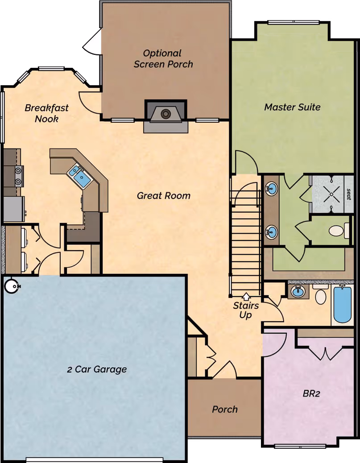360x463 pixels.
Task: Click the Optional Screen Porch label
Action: point(163,58)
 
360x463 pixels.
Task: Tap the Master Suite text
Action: point(292,107)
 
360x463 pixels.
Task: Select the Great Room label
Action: point(163,195)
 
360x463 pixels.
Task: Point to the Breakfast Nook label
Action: point(46,113)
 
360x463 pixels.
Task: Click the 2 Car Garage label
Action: point(97,369)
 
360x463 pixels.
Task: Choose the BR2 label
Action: point(312,394)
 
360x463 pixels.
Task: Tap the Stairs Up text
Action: point(246,310)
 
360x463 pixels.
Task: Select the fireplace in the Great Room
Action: point(166,114)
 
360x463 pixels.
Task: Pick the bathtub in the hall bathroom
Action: point(342,304)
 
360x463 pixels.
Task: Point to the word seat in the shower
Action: point(349,194)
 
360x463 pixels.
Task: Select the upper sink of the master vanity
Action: point(271,189)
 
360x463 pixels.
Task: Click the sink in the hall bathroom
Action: point(298,292)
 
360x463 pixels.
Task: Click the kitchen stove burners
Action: point(18,175)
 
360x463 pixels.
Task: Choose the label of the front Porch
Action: point(224,409)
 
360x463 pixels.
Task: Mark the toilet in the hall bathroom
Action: point(320,296)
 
